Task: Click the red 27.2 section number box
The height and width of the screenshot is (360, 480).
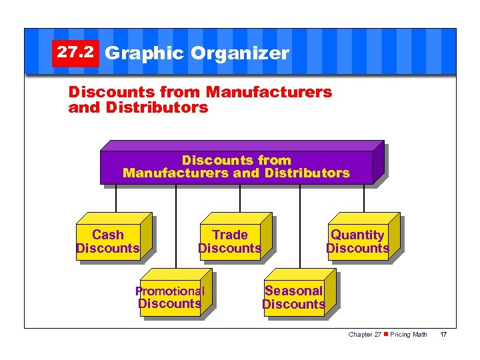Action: tap(75, 53)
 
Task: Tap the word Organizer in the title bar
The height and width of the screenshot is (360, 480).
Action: tap(240, 53)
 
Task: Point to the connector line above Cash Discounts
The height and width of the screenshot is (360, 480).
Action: tap(116, 199)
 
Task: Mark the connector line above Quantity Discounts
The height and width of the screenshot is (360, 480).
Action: tap(364, 199)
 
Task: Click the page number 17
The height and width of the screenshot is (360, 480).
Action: tap(443, 334)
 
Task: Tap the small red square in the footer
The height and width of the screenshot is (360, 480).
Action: tap(386, 334)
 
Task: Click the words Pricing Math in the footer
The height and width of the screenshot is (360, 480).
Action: tap(409, 334)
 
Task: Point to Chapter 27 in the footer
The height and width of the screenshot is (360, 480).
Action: tap(365, 334)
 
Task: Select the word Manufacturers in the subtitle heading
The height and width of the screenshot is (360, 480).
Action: tap(269, 92)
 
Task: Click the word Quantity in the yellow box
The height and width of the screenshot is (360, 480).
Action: tap(357, 235)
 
